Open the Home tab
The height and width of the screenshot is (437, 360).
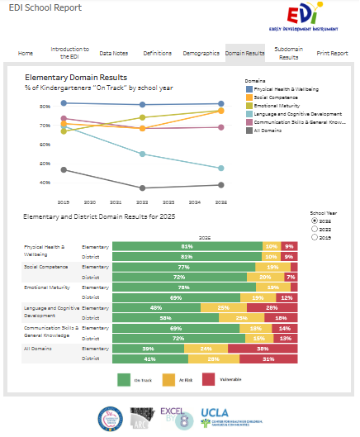(26, 53)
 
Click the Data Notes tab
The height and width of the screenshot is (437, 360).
(113, 53)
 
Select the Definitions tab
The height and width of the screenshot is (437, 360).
(157, 53)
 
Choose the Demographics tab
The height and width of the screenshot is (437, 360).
(201, 53)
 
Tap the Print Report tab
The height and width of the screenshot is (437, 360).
(332, 53)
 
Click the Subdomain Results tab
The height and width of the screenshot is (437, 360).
(288, 53)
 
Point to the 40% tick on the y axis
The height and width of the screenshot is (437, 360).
(44, 182)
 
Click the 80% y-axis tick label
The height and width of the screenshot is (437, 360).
(44, 107)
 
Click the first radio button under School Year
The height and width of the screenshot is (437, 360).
(314, 221)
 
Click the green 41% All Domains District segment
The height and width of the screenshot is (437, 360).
(149, 359)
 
